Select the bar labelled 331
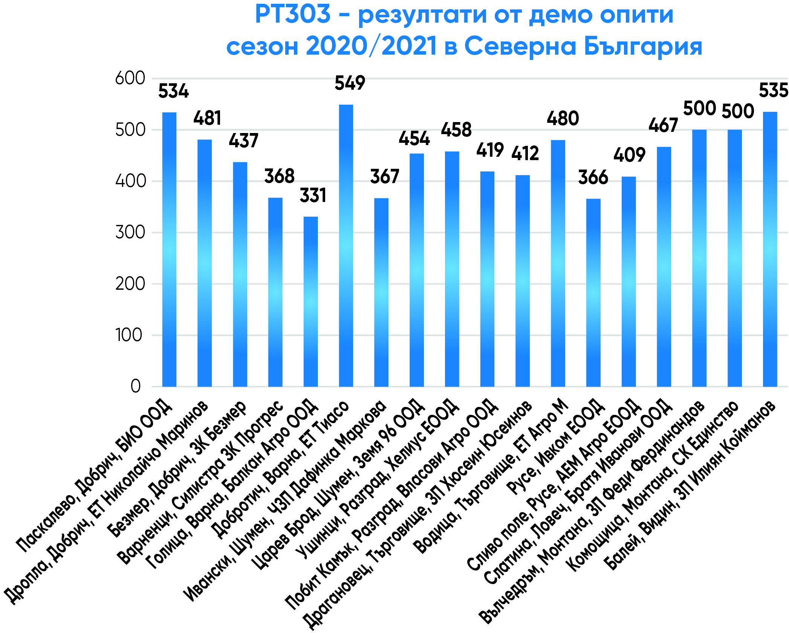pos(310,301)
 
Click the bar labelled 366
pos(593,292)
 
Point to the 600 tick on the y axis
pos(130,78)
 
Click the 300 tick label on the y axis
pos(130,232)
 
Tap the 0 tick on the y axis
pos(136,386)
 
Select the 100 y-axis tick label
pos(129,335)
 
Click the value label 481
pos(207,118)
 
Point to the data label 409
pos(629,155)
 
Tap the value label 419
pos(490,150)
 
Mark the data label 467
pos(663,125)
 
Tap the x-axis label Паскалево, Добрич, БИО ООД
pos(94,475)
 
